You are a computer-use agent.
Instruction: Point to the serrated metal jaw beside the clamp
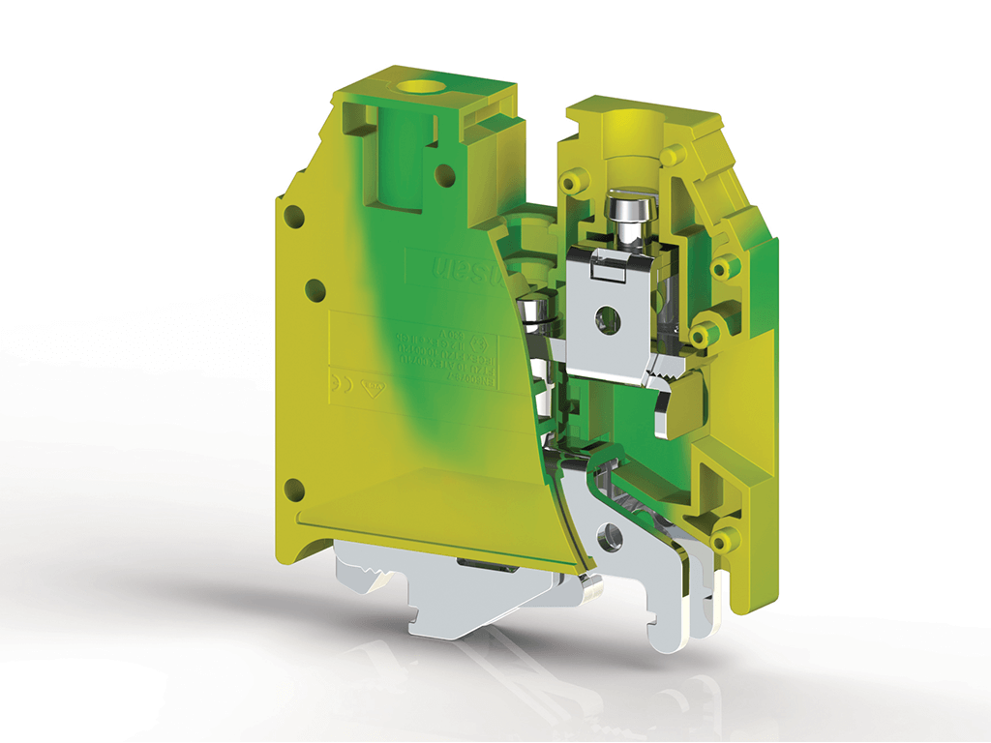tap(667, 366)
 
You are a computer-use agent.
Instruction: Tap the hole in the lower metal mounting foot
tap(609, 534)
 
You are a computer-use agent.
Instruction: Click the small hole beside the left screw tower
tap(444, 175)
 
